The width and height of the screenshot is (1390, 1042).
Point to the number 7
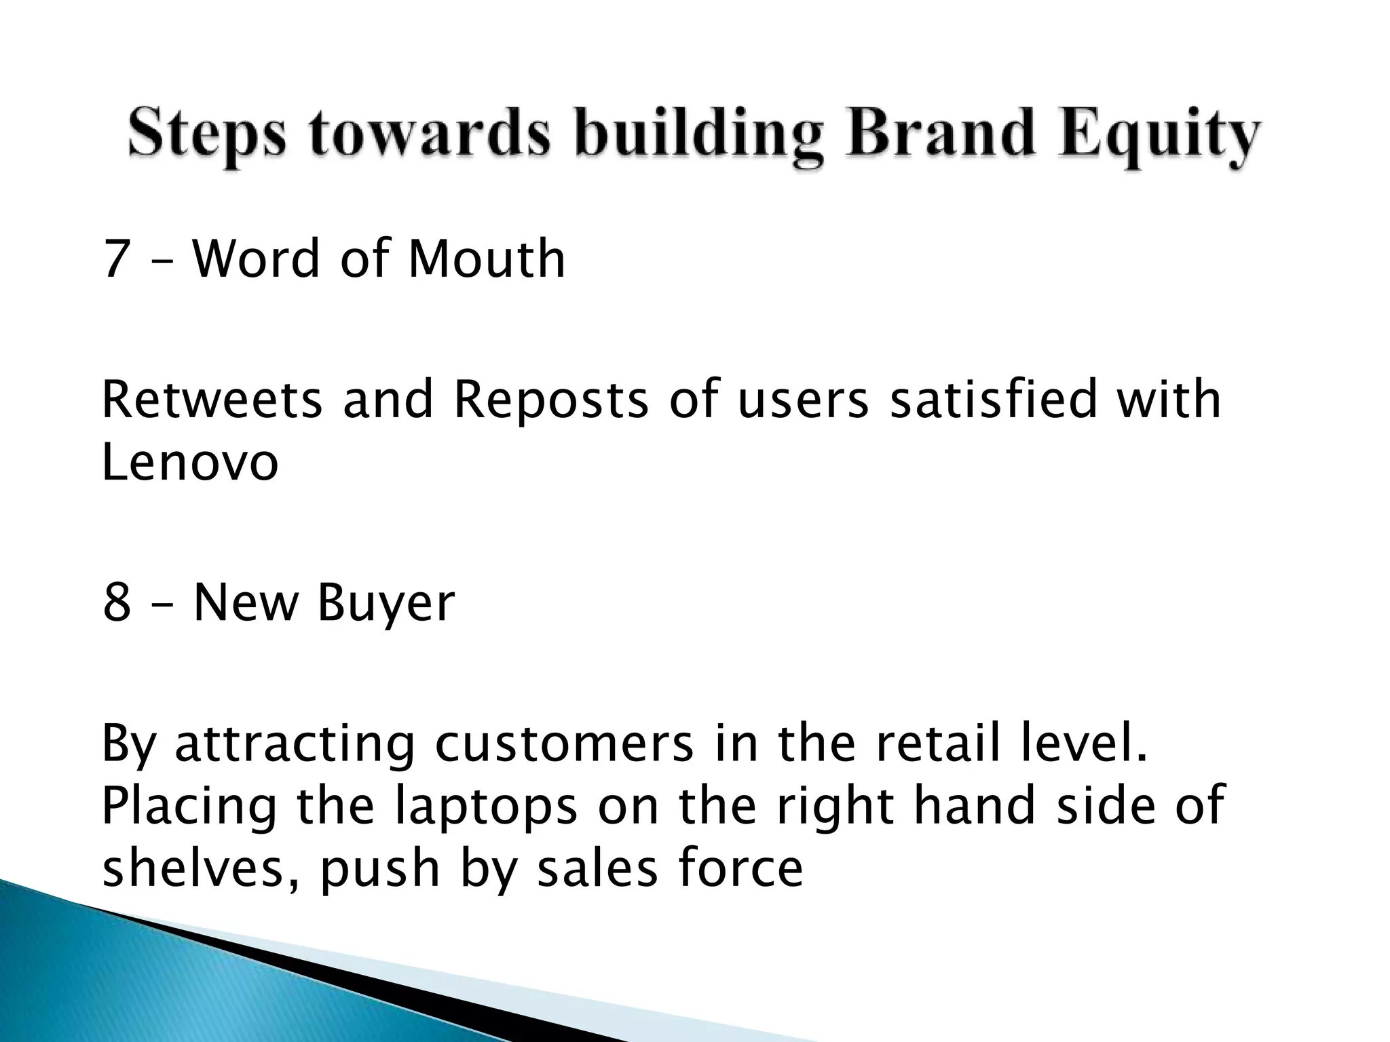point(115,259)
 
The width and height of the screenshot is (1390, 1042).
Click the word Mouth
point(486,259)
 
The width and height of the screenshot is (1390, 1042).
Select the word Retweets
point(212,400)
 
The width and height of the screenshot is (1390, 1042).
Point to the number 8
point(116,603)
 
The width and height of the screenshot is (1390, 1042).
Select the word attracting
point(295,746)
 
